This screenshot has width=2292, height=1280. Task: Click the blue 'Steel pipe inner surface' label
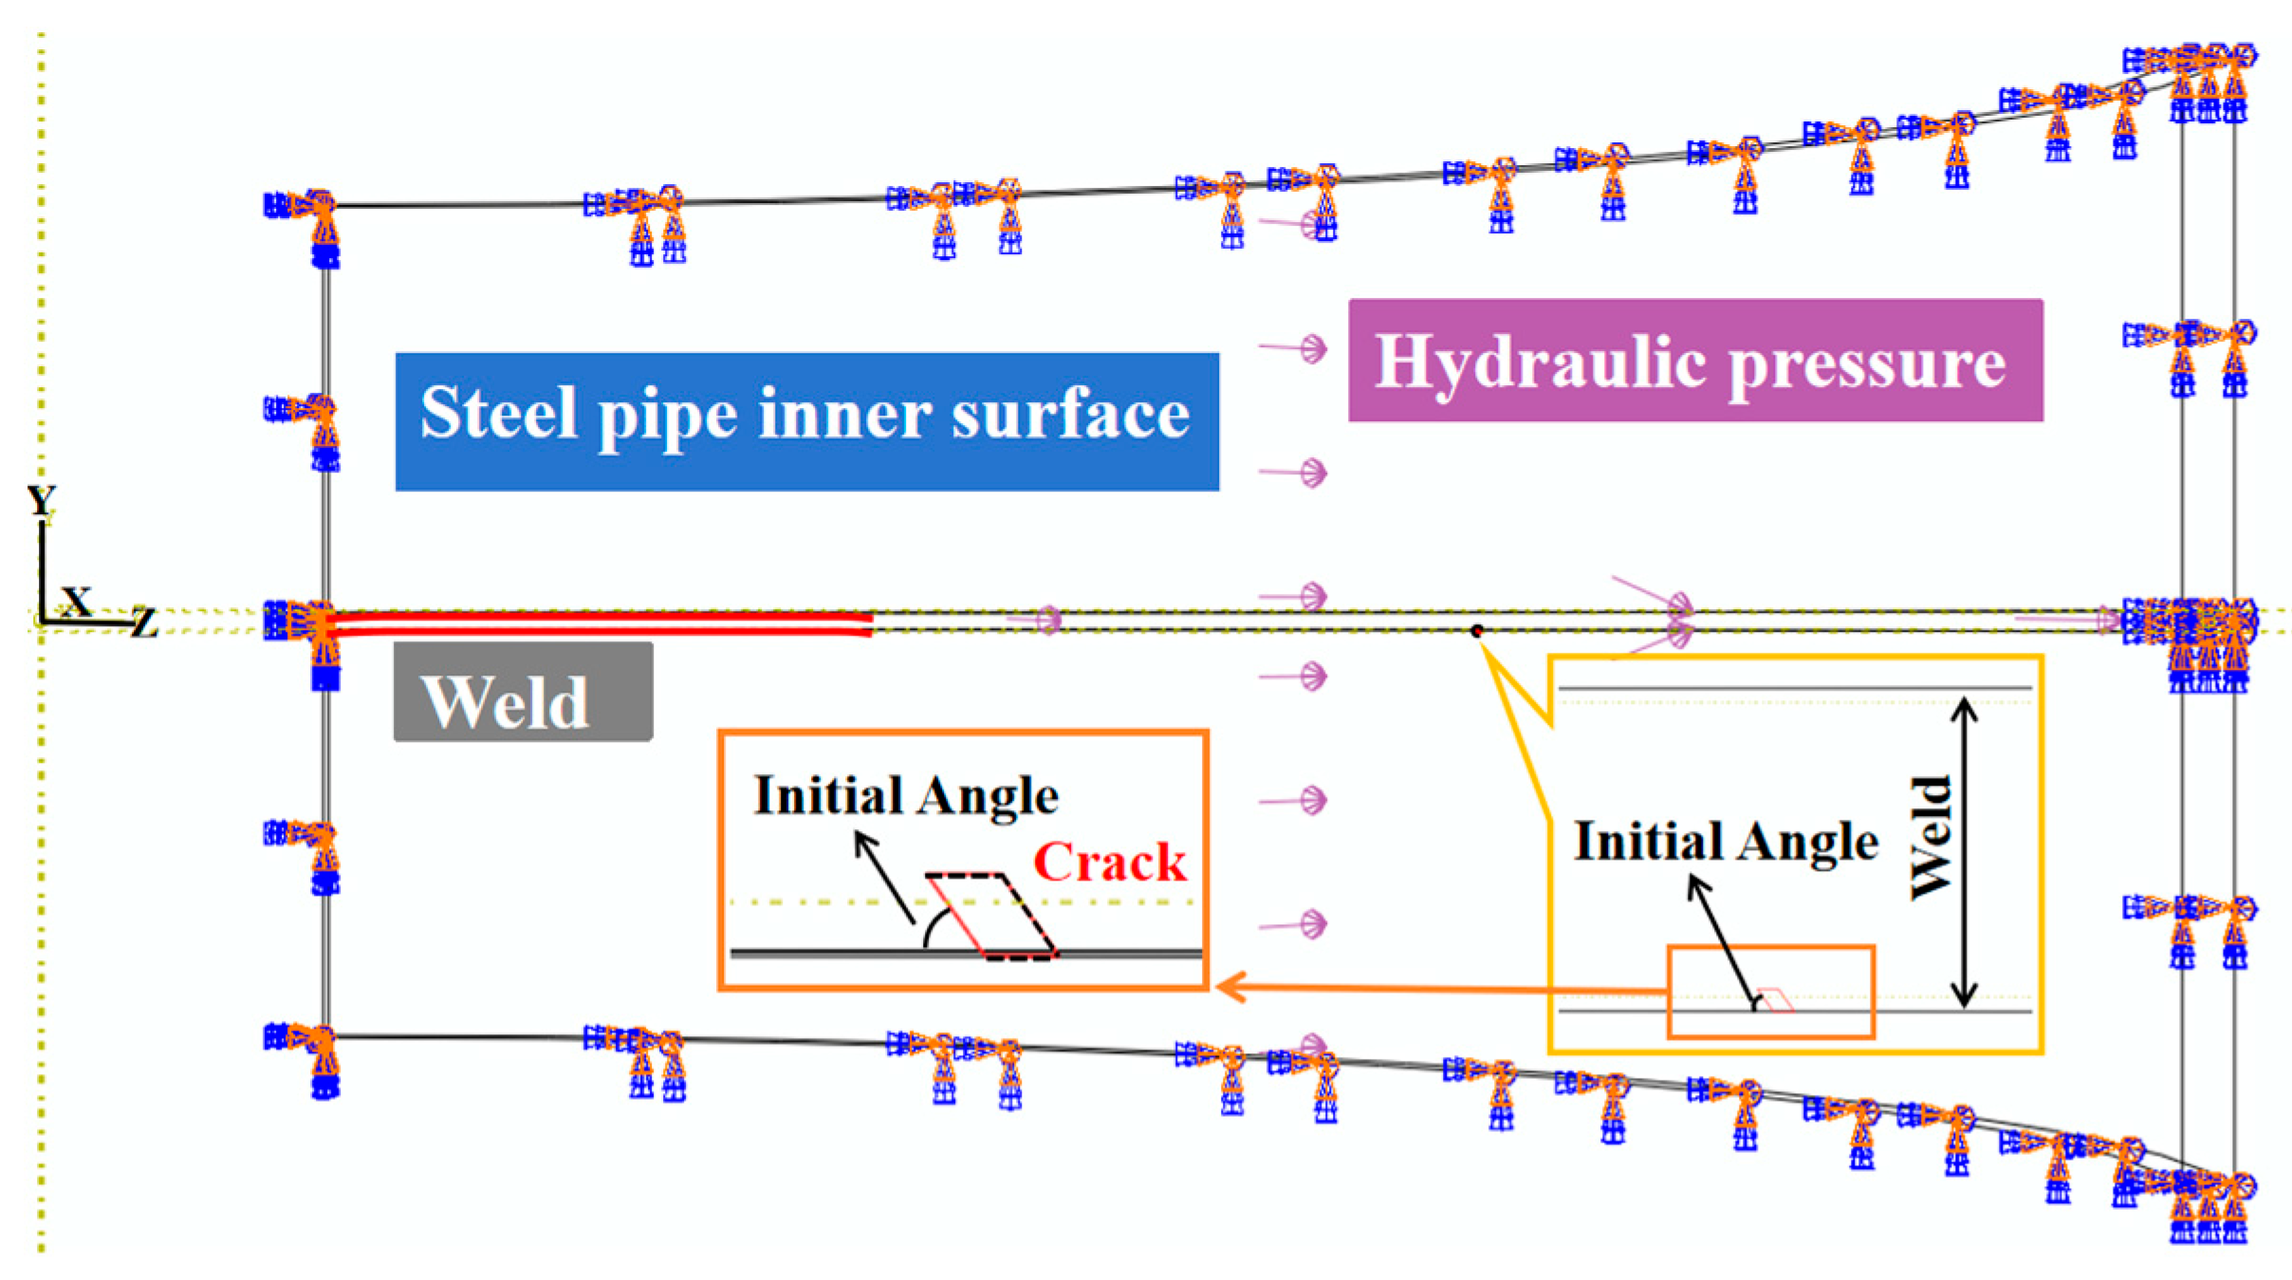point(806,421)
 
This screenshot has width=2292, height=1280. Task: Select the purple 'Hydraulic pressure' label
point(1694,361)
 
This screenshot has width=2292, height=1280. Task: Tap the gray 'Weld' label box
point(523,693)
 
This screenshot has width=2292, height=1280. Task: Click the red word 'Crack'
point(1109,862)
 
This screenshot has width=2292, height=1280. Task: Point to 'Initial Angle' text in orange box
point(906,795)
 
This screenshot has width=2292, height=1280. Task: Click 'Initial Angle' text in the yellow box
point(1726,841)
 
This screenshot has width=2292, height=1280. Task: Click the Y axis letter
point(41,500)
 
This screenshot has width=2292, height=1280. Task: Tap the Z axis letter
point(144,622)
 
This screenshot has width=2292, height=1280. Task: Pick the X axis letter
point(76,602)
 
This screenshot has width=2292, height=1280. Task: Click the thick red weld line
point(598,623)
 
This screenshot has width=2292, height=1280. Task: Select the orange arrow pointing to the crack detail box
point(1423,988)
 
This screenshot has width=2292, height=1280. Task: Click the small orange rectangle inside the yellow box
point(1770,992)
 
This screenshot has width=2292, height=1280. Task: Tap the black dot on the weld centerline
point(1476,631)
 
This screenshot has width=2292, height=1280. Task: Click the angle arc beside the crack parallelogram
point(935,926)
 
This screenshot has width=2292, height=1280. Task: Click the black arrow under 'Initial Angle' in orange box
point(884,876)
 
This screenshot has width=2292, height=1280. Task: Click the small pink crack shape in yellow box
point(1776,1000)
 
